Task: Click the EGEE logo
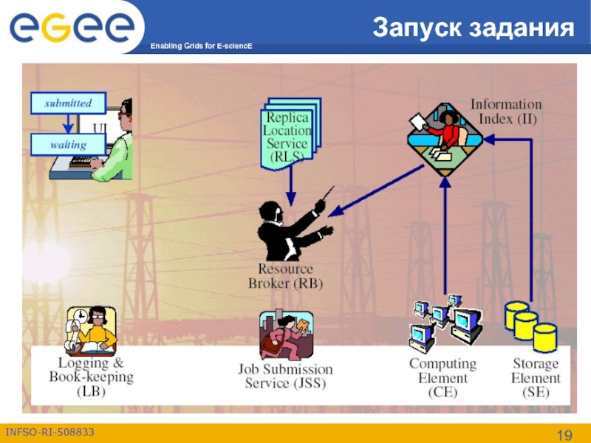point(72,27)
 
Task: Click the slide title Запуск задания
point(474,27)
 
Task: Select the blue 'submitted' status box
point(68,103)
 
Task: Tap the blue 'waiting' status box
point(68,145)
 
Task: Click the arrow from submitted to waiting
point(68,124)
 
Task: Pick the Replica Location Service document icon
point(288,137)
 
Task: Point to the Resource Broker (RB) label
point(285,275)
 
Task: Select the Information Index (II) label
point(506,111)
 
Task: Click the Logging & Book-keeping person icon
point(91,331)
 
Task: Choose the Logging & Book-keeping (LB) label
point(92,377)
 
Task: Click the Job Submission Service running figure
point(286,335)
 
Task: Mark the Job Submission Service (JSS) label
point(285,376)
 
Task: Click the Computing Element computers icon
point(445,323)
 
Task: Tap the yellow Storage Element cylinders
point(530,325)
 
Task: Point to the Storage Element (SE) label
point(536,378)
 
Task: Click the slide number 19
point(565,433)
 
